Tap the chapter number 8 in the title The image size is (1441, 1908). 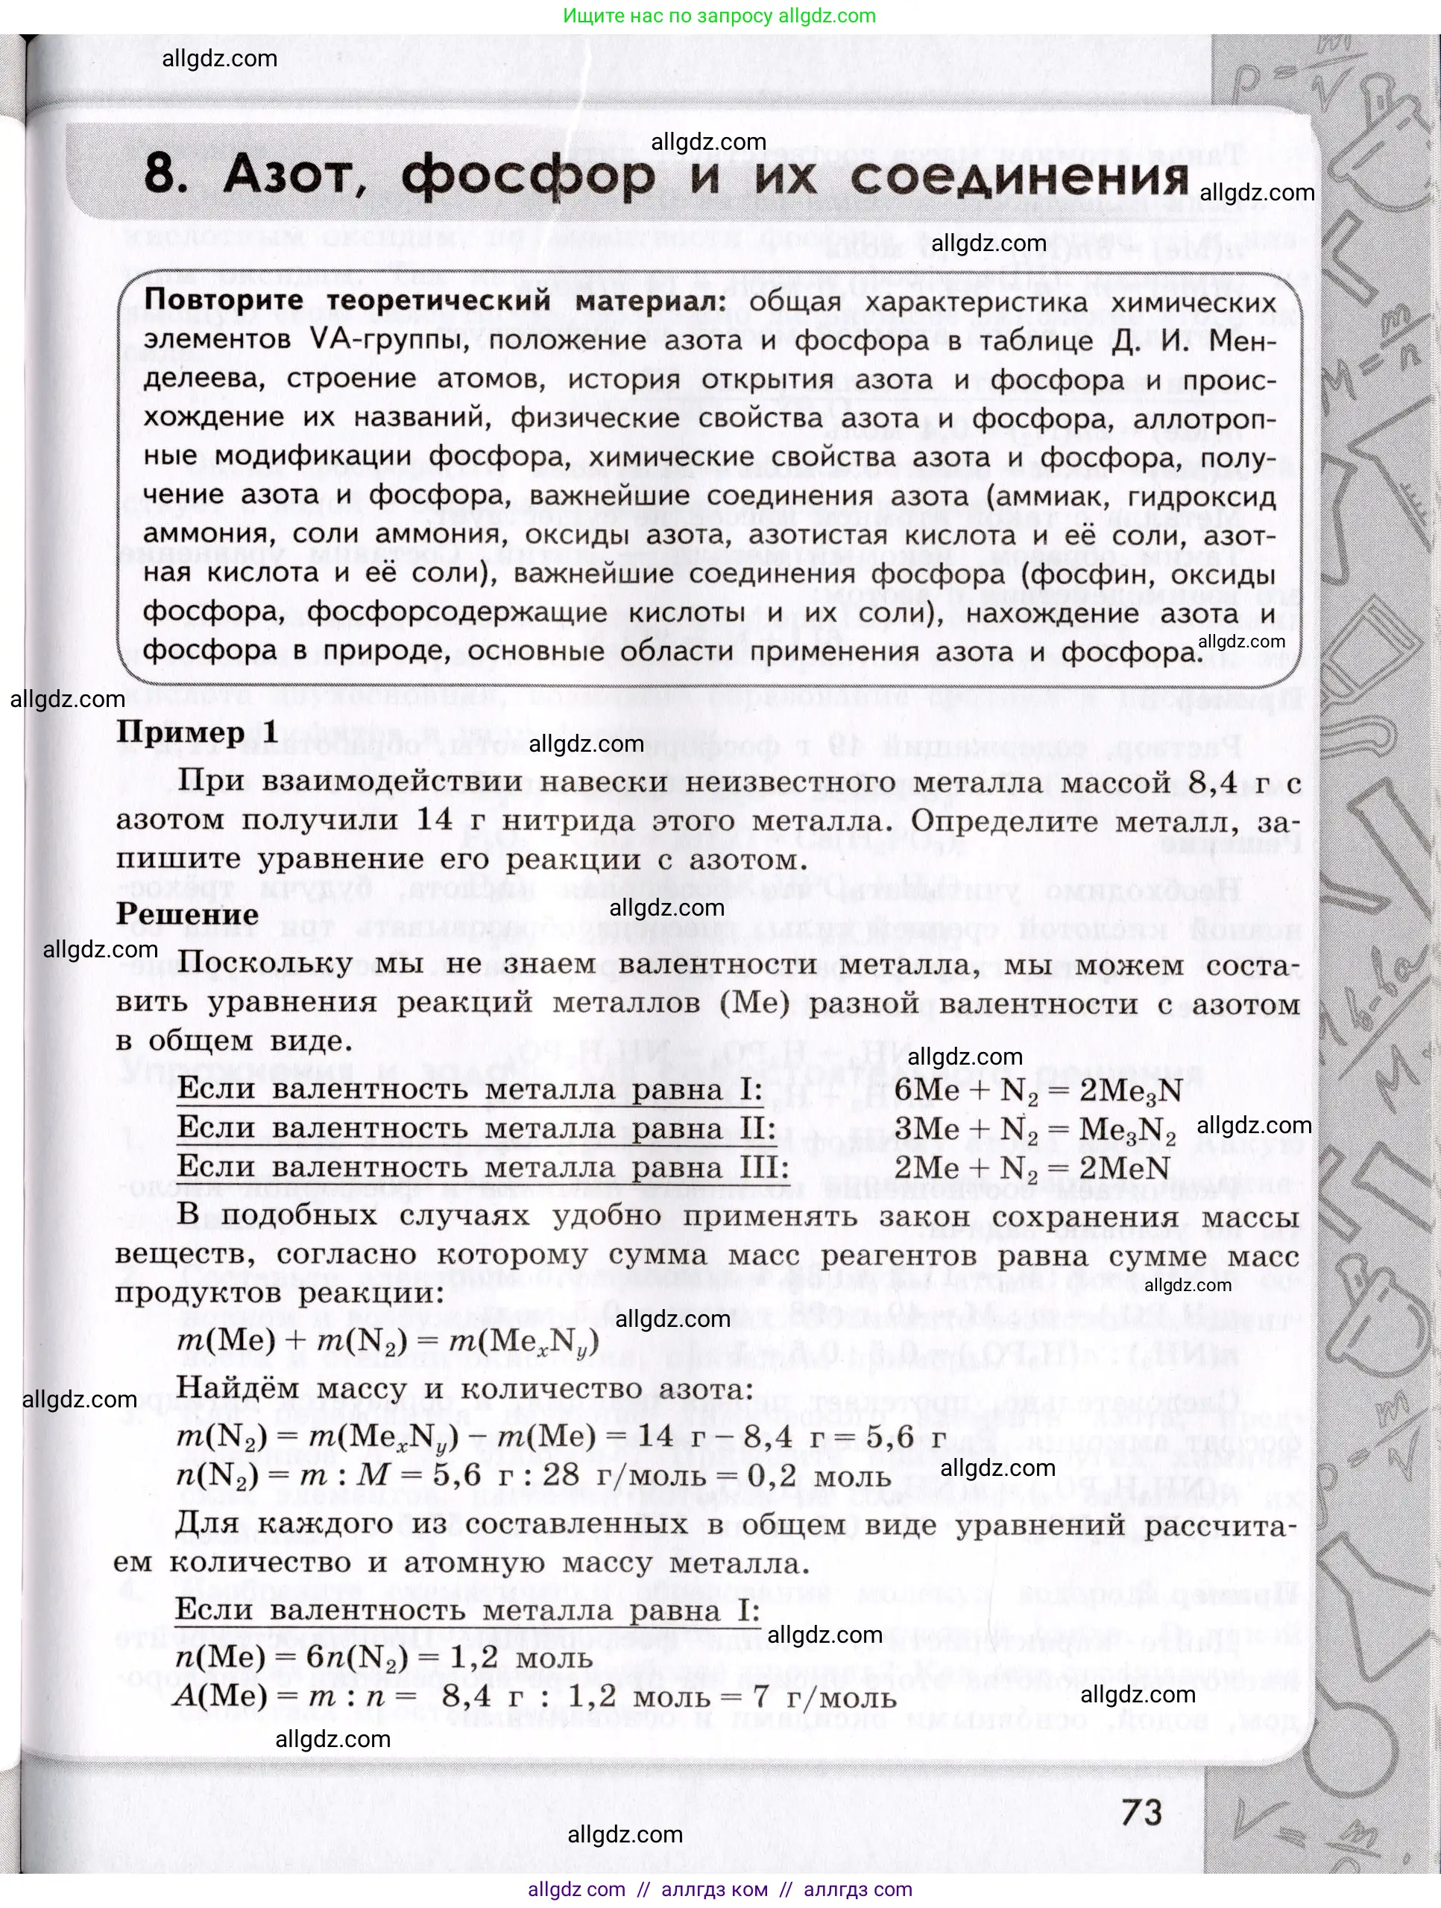click(160, 175)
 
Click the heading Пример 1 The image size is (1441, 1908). click(197, 732)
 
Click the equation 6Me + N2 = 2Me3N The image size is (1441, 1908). click(1038, 1090)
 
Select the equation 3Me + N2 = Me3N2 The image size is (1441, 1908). click(1035, 1129)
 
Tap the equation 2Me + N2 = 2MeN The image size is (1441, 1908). click(1031, 1168)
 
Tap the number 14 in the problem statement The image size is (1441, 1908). click(434, 820)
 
